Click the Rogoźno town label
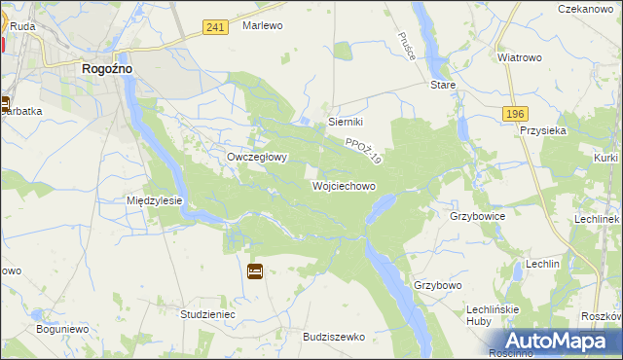(x=107, y=69)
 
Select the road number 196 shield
(x=516, y=114)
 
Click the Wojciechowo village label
(x=344, y=185)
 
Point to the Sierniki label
(x=346, y=122)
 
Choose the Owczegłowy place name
(x=256, y=157)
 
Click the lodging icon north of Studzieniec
(x=255, y=271)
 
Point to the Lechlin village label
(x=542, y=264)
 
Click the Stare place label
(x=443, y=86)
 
